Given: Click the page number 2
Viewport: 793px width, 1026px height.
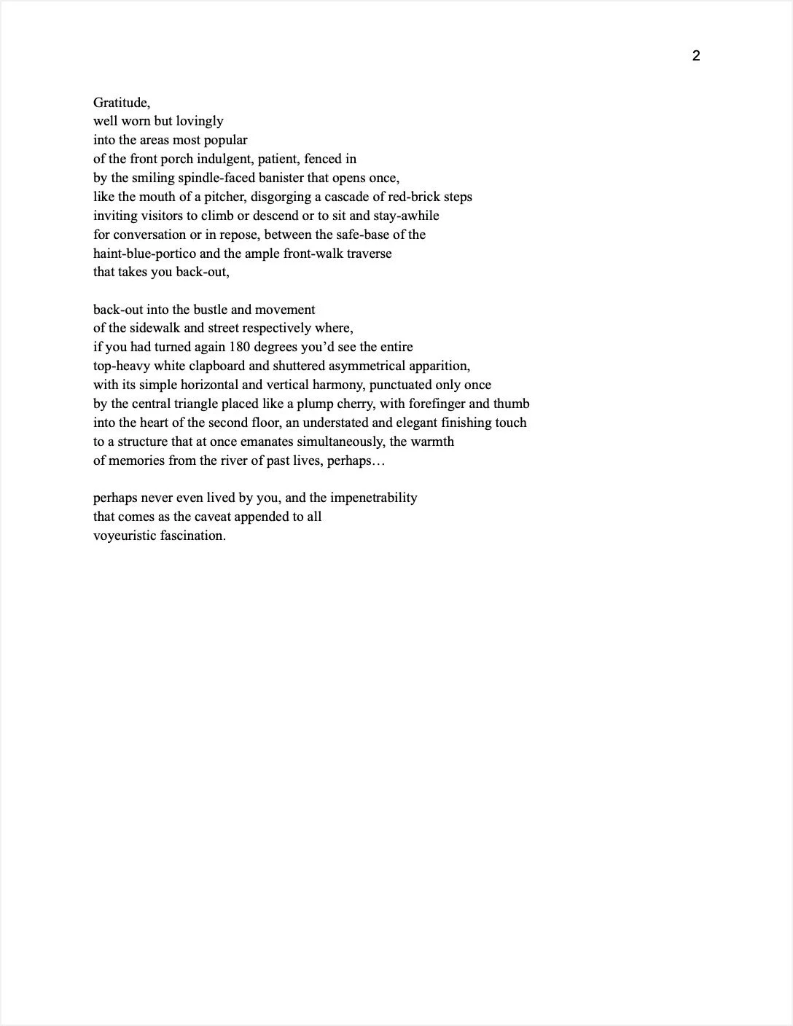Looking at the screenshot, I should [696, 56].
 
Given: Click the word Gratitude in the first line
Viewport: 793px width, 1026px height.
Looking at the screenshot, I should [121, 103].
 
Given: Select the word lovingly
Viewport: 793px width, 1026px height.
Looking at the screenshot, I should [200, 122].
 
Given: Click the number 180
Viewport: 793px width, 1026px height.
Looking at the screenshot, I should [240, 347].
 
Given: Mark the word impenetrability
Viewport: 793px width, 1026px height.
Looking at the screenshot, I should [373, 498].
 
